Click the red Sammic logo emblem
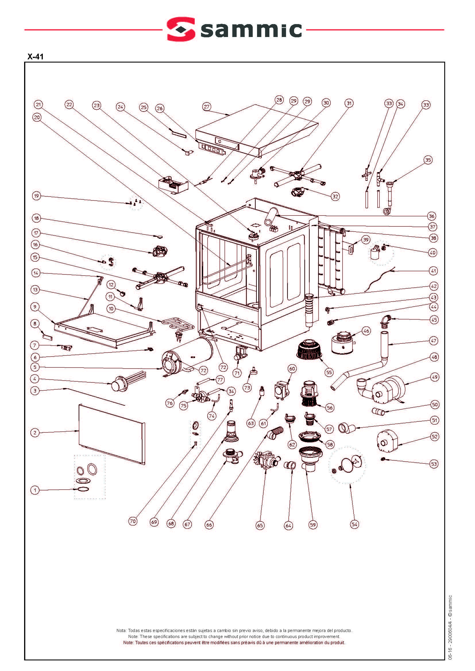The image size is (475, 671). [x=181, y=29]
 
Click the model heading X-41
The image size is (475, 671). [x=35, y=57]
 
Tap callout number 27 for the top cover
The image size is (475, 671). [x=206, y=107]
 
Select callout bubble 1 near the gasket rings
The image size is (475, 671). [x=35, y=490]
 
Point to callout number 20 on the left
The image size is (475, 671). [x=36, y=118]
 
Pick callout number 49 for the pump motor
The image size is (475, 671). [x=435, y=377]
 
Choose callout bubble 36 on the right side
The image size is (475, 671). [x=431, y=216]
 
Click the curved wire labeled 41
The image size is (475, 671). [x=380, y=279]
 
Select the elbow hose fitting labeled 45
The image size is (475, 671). [x=385, y=320]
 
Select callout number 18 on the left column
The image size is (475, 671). [x=36, y=218]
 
